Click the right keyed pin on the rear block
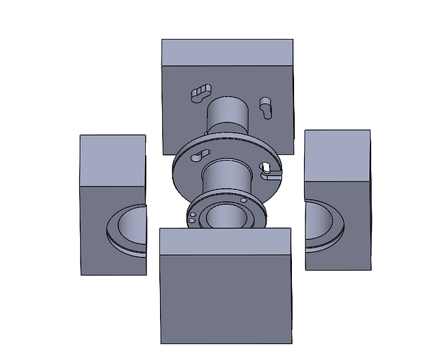[265, 106]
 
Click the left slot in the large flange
[199, 156]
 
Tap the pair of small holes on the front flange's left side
[193, 216]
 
